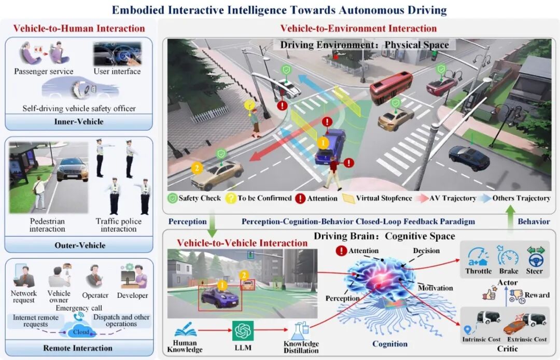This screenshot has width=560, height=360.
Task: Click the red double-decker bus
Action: (x=391, y=87)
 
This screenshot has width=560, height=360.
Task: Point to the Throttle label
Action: (x=478, y=271)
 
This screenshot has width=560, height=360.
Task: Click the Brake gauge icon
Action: (x=508, y=256)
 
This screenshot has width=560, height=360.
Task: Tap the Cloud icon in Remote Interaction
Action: (x=80, y=330)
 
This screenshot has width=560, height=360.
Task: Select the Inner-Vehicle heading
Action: (x=78, y=122)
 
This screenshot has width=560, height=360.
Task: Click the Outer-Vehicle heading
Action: (x=78, y=245)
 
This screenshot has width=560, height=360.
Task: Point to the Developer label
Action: (x=133, y=296)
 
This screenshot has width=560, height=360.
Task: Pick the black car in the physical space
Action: (x=468, y=157)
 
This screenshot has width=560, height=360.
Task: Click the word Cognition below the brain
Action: (x=390, y=343)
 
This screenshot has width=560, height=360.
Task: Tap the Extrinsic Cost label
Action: (x=526, y=339)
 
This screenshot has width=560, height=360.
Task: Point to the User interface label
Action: (x=117, y=71)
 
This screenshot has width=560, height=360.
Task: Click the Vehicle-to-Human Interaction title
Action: (x=79, y=28)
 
